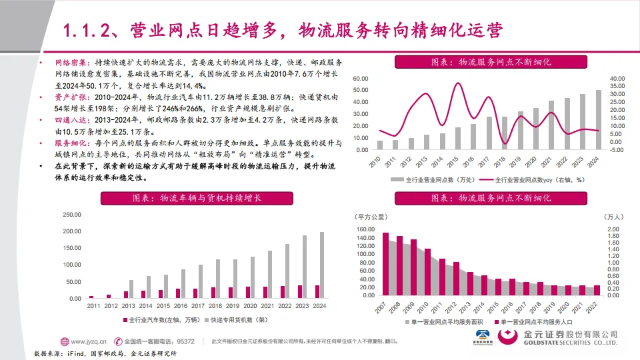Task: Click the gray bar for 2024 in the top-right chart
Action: (x=598, y=119)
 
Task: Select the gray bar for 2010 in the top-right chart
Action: (x=380, y=145)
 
